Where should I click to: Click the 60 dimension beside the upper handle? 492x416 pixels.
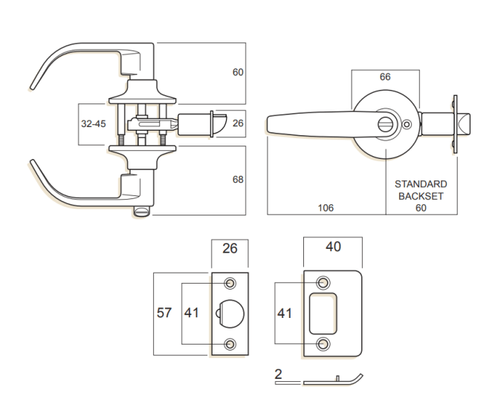[x=238, y=73]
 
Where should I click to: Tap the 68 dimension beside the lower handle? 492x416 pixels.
[x=238, y=180]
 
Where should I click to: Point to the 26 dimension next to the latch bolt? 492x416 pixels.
[x=238, y=124]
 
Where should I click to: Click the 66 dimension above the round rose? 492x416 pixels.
[x=385, y=77]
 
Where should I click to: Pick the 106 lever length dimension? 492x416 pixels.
[x=326, y=208]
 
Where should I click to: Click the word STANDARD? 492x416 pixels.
[x=421, y=184]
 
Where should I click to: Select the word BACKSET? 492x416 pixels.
[x=421, y=196]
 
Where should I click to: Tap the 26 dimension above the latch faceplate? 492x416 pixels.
[x=230, y=248]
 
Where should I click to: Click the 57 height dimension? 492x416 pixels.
[x=164, y=313]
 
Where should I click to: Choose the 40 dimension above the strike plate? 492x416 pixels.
[x=333, y=247]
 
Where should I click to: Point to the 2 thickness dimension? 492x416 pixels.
[x=278, y=374]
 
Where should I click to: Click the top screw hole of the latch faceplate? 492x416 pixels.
[x=230, y=284]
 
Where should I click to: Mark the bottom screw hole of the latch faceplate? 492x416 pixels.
[x=230, y=343]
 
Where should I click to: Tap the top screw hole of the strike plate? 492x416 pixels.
[x=323, y=283]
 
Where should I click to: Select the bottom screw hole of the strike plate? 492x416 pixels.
[x=323, y=344]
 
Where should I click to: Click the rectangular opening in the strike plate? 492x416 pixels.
[x=323, y=313]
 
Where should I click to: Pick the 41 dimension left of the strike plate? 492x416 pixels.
[x=284, y=313]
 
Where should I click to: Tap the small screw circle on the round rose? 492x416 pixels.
[x=406, y=126]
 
